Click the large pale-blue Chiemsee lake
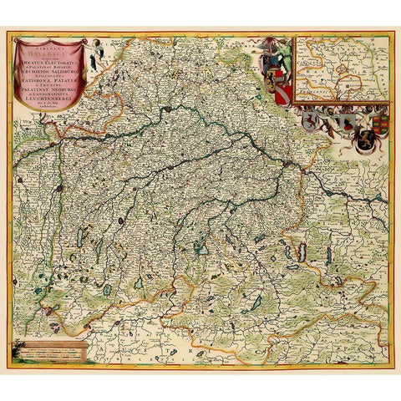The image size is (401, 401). pos(200,247)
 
